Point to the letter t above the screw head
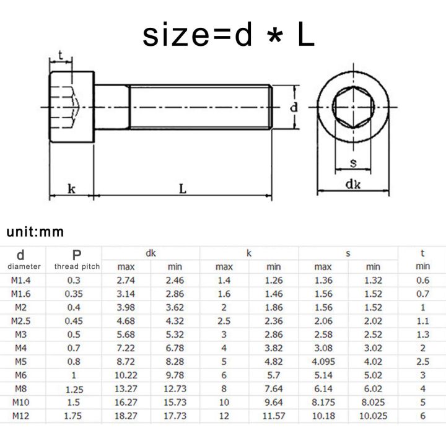61,56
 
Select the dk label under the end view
353,184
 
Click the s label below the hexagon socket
353,163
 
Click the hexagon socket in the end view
352,107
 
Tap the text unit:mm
35,232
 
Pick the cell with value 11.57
273,416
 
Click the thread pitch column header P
77,255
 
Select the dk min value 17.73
175,416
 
